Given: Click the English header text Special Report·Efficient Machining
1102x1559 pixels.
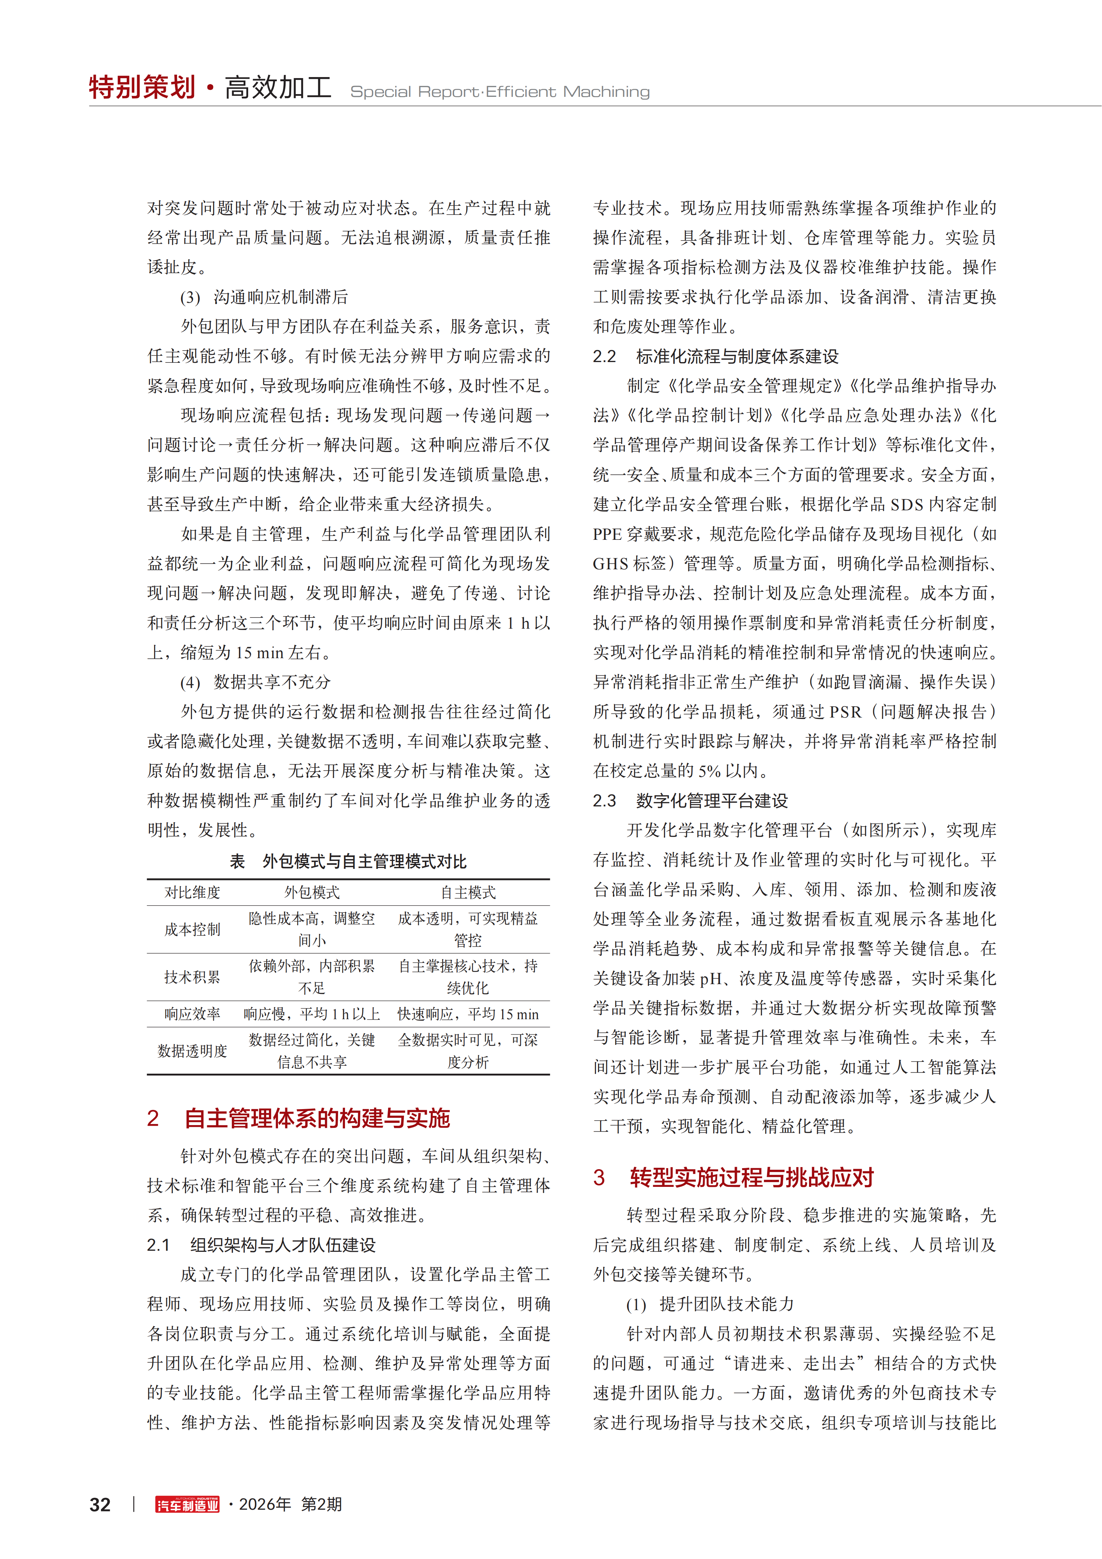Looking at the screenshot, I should pos(500,92).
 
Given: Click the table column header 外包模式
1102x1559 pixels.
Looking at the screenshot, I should pos(312,892).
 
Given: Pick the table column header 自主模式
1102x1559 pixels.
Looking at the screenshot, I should pos(468,892).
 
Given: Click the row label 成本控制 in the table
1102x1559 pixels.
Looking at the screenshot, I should pos(192,930).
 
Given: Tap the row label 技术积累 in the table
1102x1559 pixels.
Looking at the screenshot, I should pos(192,977).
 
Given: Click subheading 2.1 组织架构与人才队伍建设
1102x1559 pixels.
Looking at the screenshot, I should pos(261,1244).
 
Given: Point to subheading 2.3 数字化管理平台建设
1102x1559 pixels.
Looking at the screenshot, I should pos(691,801).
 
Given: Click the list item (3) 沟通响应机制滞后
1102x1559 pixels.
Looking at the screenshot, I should pos(264,297).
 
